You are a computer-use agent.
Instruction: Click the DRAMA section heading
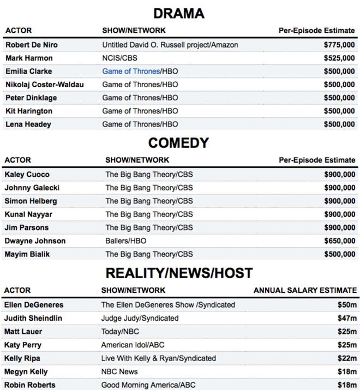(179, 14)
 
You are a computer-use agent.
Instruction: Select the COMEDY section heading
(179, 143)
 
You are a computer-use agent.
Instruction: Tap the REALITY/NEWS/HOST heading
(179, 273)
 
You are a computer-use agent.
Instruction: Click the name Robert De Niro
(31, 45)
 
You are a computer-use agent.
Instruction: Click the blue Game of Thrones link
(131, 71)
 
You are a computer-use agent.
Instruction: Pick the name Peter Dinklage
(31, 98)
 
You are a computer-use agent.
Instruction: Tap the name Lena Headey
(28, 124)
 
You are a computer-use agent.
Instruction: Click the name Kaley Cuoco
(27, 175)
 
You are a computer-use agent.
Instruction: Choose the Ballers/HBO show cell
(126, 241)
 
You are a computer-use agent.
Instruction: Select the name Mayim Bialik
(27, 254)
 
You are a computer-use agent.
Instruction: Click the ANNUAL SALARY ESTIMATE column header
(304, 290)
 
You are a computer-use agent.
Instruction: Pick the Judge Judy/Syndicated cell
(140, 318)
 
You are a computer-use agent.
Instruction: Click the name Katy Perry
(23, 345)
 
